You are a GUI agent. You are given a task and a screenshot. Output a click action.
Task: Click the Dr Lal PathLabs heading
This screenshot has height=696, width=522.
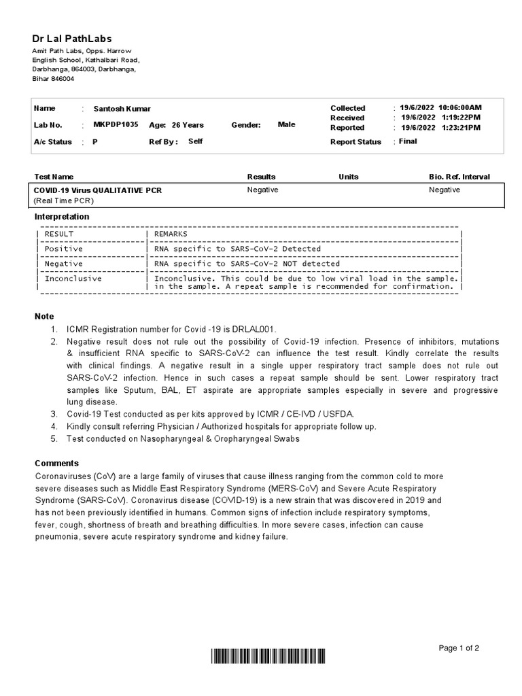(x=72, y=39)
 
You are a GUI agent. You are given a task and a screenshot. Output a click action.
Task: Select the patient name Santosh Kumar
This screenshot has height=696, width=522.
(x=122, y=109)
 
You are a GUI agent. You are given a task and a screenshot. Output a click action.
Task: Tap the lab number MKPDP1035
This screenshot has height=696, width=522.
(x=115, y=125)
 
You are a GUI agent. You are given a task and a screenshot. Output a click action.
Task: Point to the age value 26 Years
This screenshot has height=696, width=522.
(x=188, y=125)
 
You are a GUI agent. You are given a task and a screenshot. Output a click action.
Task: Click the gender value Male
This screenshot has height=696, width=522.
(x=287, y=124)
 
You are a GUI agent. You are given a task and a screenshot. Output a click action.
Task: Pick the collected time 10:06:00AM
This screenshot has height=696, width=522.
(x=460, y=108)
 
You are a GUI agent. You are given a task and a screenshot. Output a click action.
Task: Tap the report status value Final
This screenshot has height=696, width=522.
(x=408, y=141)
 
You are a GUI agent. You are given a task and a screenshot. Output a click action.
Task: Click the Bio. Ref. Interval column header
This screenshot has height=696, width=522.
(x=459, y=177)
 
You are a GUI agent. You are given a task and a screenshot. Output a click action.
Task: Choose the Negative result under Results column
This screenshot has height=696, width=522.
(x=262, y=190)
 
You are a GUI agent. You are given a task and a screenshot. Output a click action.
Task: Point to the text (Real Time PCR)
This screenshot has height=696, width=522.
(x=64, y=201)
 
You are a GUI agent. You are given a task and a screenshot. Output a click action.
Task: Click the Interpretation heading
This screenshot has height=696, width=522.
(x=62, y=217)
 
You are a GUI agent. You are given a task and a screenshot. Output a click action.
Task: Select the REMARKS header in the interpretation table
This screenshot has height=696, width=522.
(x=171, y=234)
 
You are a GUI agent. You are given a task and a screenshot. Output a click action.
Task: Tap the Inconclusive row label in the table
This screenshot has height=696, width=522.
(x=73, y=278)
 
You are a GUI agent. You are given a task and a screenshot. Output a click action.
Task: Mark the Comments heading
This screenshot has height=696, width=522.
(x=56, y=463)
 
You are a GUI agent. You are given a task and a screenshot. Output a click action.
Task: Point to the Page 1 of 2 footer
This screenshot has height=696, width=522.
(x=459, y=648)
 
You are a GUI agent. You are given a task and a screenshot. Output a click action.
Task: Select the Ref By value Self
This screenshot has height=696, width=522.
(x=195, y=141)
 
